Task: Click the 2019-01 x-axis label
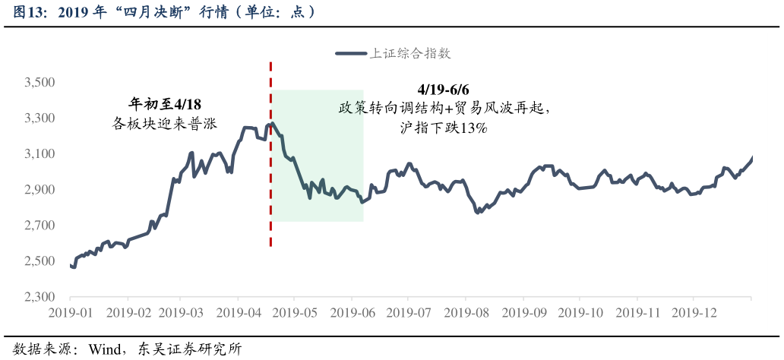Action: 71,312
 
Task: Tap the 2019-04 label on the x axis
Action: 239,312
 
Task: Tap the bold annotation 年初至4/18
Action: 165,104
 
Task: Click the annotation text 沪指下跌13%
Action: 444,128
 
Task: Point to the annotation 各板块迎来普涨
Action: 165,122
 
